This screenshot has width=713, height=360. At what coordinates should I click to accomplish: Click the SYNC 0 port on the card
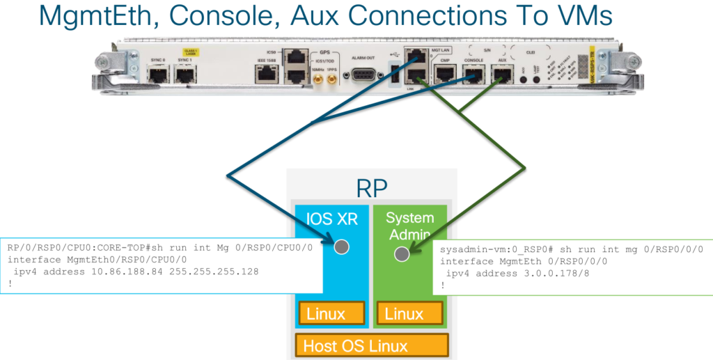point(157,75)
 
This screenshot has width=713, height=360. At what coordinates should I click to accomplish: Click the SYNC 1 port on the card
point(184,75)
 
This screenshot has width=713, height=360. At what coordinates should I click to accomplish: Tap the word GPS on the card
point(324,52)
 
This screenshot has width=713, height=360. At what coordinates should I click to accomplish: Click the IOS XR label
point(332,219)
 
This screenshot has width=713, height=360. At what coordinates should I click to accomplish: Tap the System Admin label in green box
point(409,226)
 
